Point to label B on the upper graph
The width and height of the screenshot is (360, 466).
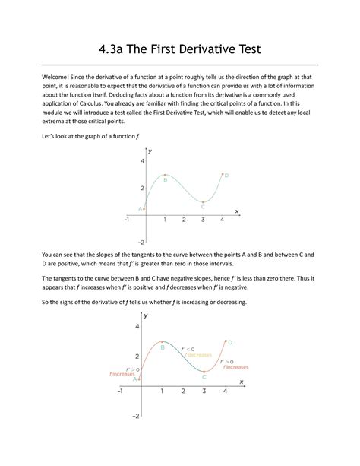coord(165,180)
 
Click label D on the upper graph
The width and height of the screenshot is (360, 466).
coord(226,176)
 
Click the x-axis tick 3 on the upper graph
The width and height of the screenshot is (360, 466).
coord(203,220)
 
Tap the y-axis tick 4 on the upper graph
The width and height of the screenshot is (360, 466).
coord(142,162)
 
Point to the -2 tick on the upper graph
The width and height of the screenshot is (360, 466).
coord(141,242)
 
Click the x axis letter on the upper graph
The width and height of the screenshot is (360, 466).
coord(236,211)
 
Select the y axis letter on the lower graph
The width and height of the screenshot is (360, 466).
coord(146,315)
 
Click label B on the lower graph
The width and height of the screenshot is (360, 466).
coord(162,347)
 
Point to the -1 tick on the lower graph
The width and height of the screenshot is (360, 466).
coord(118,392)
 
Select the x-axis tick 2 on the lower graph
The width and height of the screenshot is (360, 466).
coord(183,392)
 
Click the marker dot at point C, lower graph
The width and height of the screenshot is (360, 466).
coord(204,371)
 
